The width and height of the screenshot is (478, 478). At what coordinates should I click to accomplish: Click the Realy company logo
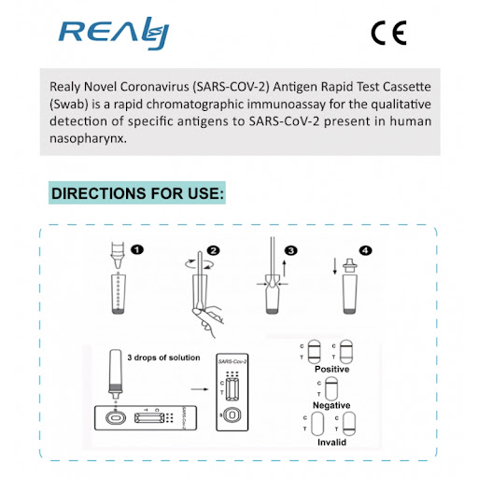click(x=114, y=34)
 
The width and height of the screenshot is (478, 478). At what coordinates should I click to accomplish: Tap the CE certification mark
click(x=389, y=33)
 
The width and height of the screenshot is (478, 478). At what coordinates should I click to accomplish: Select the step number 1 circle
click(x=137, y=249)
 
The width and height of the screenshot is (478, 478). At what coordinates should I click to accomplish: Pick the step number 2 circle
click(x=214, y=250)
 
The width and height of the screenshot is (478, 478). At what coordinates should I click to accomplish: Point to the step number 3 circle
click(x=291, y=250)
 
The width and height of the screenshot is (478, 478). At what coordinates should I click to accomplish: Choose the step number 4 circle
click(x=365, y=250)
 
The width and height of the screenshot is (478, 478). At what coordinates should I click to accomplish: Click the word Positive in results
click(x=331, y=369)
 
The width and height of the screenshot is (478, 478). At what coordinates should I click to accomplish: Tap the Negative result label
click(x=331, y=405)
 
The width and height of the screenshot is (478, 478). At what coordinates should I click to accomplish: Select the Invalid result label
click(x=331, y=443)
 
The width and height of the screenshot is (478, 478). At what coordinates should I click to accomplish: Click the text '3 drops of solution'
click(x=163, y=358)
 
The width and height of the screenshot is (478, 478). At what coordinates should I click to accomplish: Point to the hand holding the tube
click(x=208, y=321)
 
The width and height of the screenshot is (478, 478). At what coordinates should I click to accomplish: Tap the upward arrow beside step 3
click(x=284, y=268)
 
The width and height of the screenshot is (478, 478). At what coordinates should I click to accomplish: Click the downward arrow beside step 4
click(x=335, y=266)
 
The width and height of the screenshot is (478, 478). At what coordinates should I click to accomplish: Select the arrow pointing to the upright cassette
click(x=200, y=389)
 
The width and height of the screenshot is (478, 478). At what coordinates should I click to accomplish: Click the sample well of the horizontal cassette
click(x=116, y=418)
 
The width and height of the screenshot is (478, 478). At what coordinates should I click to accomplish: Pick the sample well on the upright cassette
click(x=232, y=415)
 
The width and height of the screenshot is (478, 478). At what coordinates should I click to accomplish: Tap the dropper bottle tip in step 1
click(x=118, y=264)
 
